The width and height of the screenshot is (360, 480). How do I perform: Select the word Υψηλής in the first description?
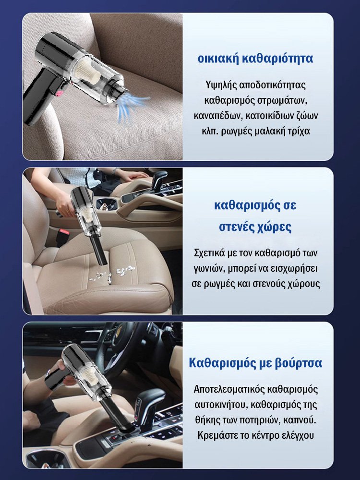[x=218, y=85]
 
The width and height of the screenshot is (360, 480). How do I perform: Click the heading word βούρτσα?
[x=296, y=362]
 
